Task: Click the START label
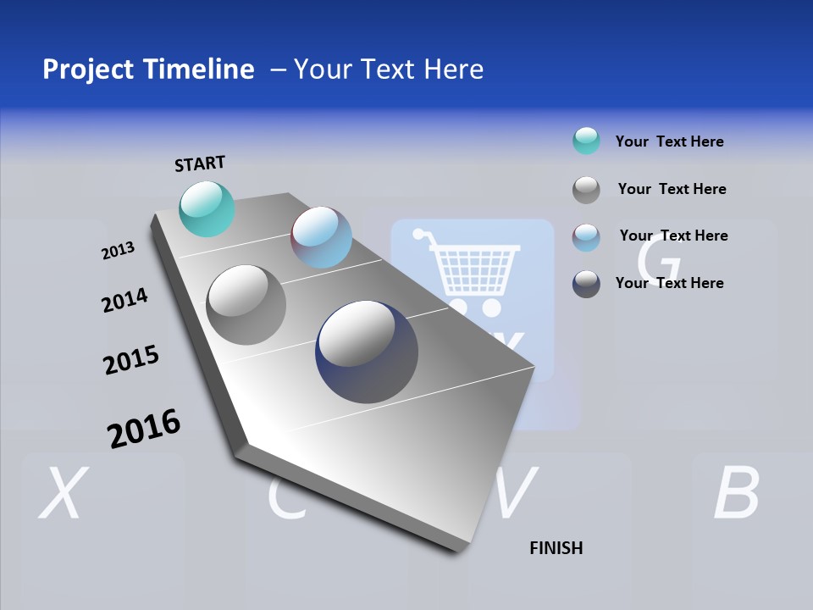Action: [200, 164]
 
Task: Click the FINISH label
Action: [556, 548]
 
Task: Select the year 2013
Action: [118, 251]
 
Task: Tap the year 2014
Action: [124, 301]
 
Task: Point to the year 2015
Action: [130, 360]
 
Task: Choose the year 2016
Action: [144, 429]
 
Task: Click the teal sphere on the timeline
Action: [207, 208]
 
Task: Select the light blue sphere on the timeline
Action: [321, 237]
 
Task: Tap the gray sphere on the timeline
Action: [246, 305]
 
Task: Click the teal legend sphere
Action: [586, 141]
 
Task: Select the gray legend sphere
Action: [586, 189]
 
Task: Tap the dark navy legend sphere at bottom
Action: [586, 284]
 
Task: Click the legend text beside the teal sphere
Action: [669, 141]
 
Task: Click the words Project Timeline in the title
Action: [148, 69]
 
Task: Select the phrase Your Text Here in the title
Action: [389, 69]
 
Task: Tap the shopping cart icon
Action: [468, 269]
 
